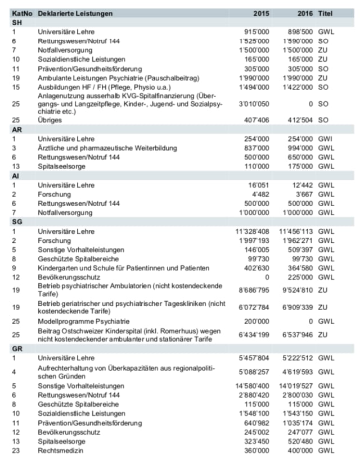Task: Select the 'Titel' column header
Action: (x=326, y=13)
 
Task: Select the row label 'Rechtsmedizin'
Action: (x=61, y=450)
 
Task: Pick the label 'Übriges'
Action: (x=51, y=120)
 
